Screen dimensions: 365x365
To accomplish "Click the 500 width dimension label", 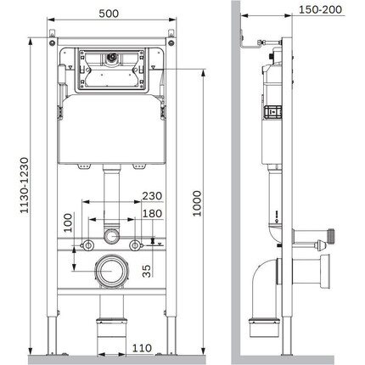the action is [x=109, y=14].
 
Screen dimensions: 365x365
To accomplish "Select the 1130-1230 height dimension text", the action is [x=24, y=185].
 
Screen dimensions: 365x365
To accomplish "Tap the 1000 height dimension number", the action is [x=197, y=204].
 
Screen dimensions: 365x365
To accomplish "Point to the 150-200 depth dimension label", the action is [x=320, y=9].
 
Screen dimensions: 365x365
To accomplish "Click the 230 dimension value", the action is [x=152, y=196].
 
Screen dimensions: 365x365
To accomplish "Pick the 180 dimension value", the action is [x=152, y=214].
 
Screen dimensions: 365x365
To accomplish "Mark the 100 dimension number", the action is [x=68, y=223].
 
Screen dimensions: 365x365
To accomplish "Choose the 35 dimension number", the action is [x=147, y=271].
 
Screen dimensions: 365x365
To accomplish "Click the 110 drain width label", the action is [x=142, y=348].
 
